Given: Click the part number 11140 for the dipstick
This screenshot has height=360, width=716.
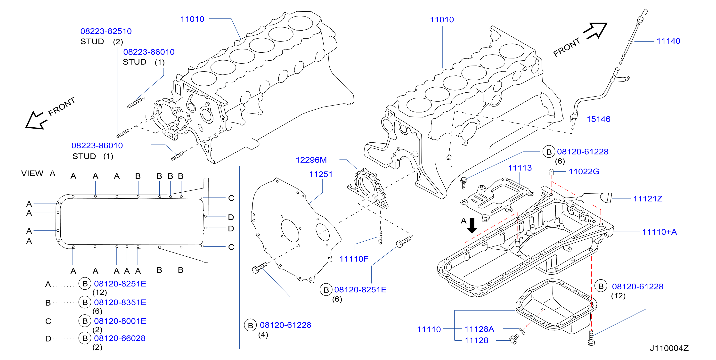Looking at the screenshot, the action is point(668,41).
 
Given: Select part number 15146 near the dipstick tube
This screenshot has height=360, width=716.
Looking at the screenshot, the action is point(598,119).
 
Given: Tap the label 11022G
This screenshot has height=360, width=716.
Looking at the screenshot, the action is point(584,172).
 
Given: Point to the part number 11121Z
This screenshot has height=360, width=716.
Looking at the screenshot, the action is point(648,199).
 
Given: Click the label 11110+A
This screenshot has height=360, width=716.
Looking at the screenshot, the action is point(659,232).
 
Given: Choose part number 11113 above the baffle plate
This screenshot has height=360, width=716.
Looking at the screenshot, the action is point(520,168).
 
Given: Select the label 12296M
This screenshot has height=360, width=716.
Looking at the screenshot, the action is point(311,160).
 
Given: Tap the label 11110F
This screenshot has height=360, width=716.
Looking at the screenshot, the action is point(354,259).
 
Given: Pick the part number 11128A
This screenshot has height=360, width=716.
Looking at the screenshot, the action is point(479,329).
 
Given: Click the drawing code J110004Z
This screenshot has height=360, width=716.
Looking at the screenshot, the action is point(669,348).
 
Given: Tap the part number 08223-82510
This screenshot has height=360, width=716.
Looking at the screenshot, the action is point(106,31).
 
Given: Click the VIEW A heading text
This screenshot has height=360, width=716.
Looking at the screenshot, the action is point(38,173).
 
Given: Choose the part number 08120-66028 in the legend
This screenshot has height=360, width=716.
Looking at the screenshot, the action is point(120,338).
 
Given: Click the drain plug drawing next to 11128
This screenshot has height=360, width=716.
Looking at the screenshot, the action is point(514,339).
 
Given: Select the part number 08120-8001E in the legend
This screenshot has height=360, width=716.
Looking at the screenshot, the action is point(120,321).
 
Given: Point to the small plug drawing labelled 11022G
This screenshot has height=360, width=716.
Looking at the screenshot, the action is point(552,172).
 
